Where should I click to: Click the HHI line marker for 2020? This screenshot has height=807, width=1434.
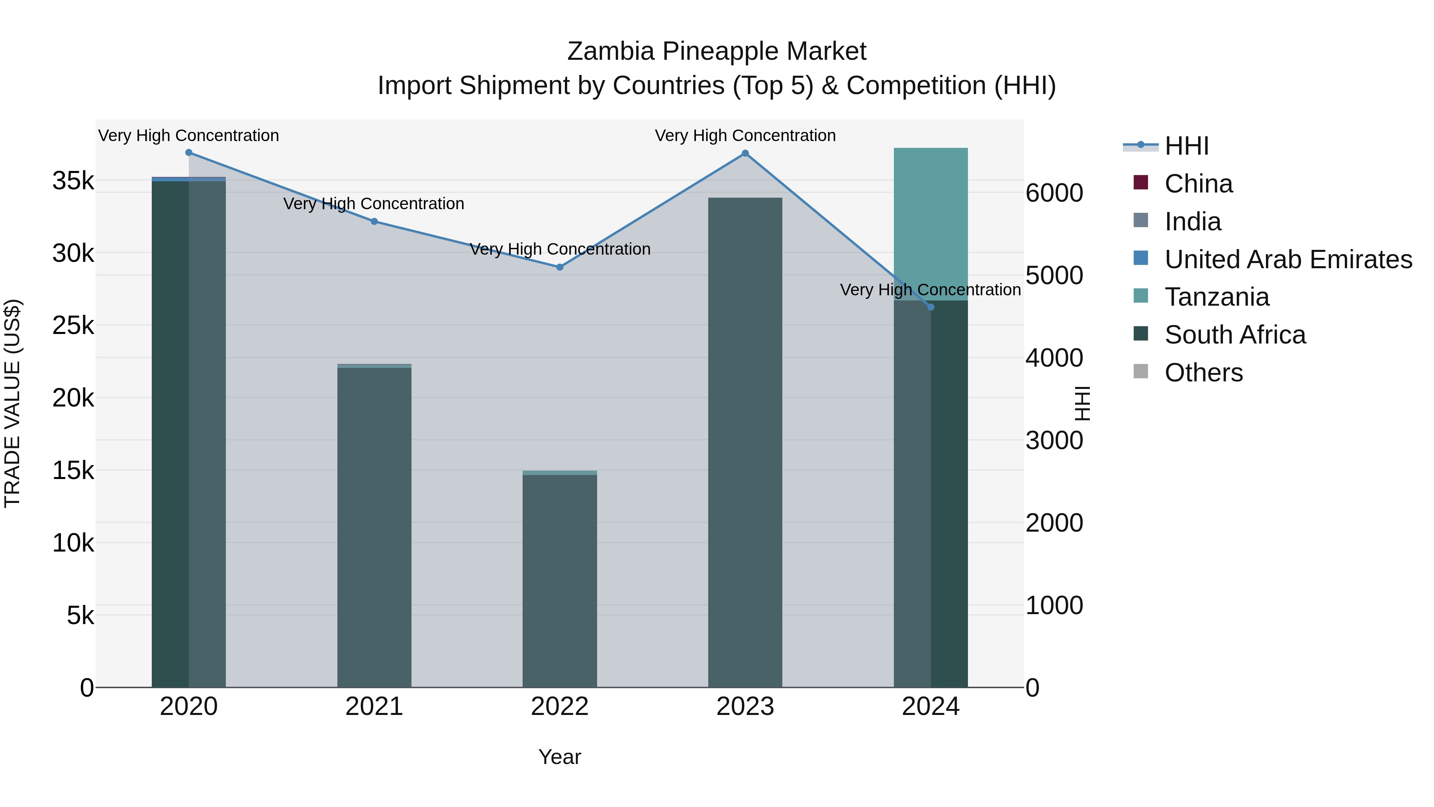pos(189,153)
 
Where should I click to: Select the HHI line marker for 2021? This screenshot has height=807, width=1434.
pos(374,222)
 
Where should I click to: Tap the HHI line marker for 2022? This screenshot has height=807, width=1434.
pos(560,267)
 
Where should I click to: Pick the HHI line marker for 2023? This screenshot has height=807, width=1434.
pos(745,154)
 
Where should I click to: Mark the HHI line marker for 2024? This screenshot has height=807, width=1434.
pos(931,307)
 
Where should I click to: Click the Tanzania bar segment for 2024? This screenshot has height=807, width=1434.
pos(931,223)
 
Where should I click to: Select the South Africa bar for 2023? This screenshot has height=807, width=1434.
pos(745,446)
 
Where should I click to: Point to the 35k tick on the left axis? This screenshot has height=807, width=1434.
pos(73,181)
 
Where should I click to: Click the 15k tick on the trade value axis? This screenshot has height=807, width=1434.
pos(73,471)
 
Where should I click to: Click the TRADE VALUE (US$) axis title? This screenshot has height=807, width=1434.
pos(12,403)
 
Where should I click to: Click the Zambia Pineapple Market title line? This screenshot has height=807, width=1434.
pos(717,51)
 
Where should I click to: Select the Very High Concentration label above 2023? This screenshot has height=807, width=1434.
pos(745,136)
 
